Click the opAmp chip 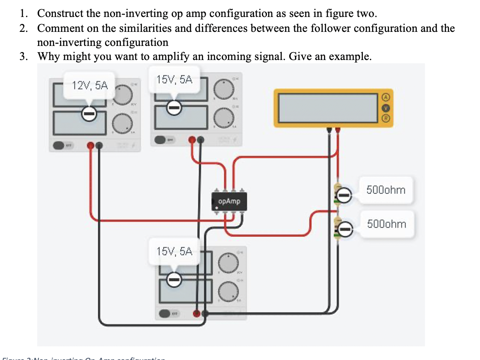tap(228, 202)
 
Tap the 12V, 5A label tap(89, 86)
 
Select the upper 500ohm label tap(386, 190)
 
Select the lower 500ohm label tap(386, 224)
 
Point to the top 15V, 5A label tap(175, 80)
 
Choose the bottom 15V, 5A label tap(175, 251)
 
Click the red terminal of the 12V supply tap(91, 145)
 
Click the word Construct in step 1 tap(61, 13)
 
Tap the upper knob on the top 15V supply tap(223, 88)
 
